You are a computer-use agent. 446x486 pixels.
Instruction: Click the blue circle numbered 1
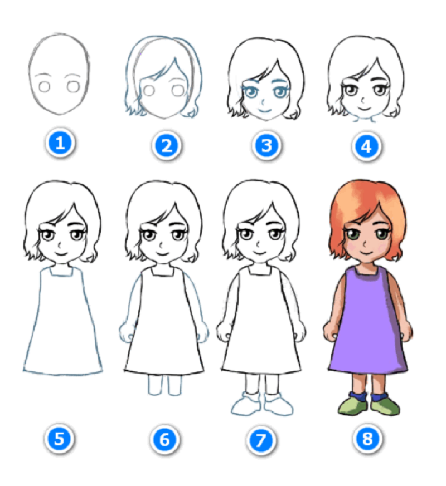coord(60,143)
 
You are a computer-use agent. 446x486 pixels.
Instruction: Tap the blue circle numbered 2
coord(167,146)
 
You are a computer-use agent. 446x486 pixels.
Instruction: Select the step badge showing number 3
coord(266,146)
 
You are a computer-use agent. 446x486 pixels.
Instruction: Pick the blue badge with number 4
coord(366,146)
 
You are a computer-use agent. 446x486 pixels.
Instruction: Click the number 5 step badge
coord(59,439)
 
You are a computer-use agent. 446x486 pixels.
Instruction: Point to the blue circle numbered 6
coord(165,440)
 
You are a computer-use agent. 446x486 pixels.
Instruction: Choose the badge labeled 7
coord(261,440)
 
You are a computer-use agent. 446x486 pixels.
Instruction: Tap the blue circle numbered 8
coord(367,439)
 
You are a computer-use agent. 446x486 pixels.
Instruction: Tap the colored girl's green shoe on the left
coord(352,405)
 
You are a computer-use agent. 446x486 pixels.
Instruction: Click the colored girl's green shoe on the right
coord(385,406)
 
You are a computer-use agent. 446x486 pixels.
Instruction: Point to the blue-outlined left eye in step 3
coord(250,92)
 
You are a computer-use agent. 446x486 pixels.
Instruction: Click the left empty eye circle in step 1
coord(45,86)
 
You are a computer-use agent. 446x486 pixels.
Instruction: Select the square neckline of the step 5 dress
coord(62,272)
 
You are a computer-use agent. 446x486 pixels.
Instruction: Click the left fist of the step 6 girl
coord(127,333)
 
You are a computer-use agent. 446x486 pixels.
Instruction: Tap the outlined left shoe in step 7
coord(246,405)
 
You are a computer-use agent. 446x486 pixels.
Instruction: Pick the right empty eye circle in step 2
coord(178,91)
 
